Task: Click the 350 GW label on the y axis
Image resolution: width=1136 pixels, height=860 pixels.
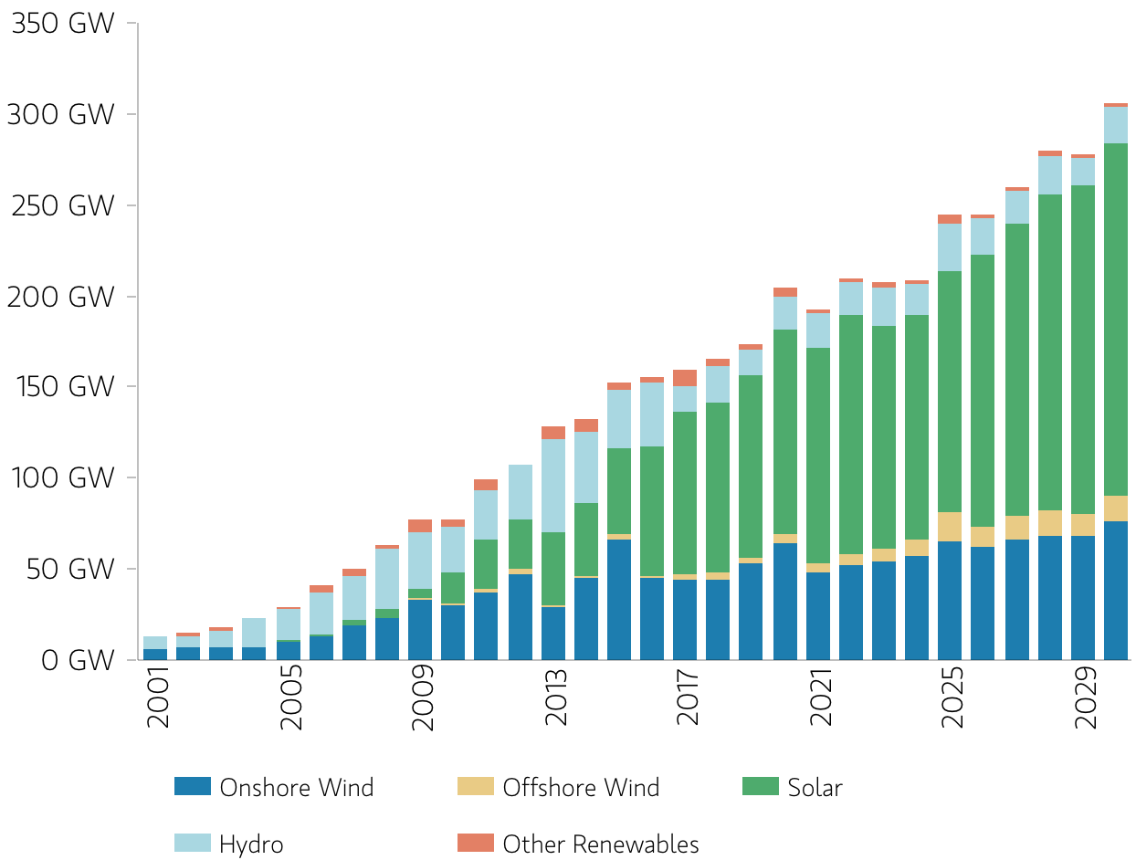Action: (x=63, y=24)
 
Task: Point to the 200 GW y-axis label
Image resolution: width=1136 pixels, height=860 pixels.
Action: (x=60, y=297)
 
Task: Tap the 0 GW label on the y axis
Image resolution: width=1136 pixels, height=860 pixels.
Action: (x=77, y=660)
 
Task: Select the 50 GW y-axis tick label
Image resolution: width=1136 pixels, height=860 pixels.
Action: (x=70, y=569)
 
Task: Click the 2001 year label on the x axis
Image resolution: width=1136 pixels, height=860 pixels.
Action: (x=158, y=697)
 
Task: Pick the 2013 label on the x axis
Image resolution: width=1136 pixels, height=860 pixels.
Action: (x=556, y=697)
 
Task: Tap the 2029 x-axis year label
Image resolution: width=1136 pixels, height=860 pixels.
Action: (x=1085, y=697)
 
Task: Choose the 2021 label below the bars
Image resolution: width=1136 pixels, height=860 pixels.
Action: (x=820, y=697)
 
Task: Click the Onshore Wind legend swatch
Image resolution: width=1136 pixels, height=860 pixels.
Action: (x=193, y=786)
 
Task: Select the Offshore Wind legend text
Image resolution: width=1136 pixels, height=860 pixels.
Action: (x=581, y=788)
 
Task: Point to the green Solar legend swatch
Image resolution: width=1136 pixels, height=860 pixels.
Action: (x=761, y=786)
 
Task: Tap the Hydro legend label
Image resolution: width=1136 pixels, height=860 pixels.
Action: (x=251, y=844)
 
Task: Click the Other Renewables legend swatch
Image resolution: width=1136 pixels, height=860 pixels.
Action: (x=476, y=843)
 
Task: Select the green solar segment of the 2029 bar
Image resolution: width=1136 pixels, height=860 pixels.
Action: (x=1083, y=350)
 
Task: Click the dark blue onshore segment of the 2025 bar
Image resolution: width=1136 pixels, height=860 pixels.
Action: (x=950, y=601)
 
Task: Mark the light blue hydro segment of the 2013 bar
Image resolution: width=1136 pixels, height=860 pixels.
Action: (x=553, y=486)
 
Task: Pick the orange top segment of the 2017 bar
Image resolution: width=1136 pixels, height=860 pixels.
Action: (x=685, y=378)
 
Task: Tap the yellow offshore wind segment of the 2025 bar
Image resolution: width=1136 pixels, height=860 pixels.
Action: (x=950, y=527)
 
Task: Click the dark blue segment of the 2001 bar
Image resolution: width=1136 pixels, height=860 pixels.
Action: (x=155, y=655)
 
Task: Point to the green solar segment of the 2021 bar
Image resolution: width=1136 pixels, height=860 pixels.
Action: (x=818, y=456)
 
